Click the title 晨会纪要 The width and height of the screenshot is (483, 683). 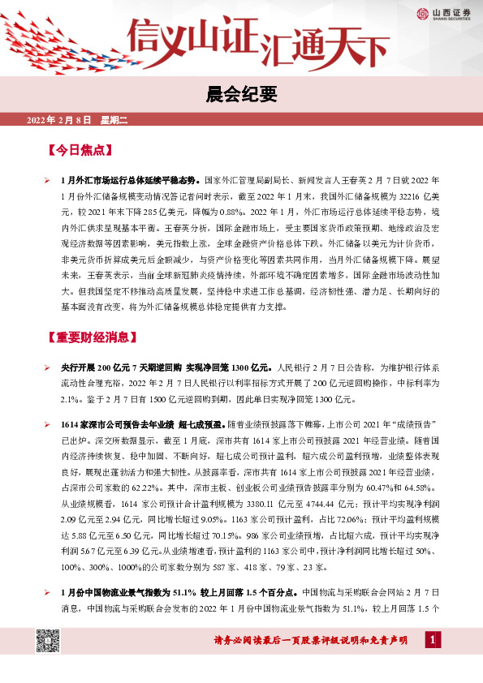click(x=241, y=94)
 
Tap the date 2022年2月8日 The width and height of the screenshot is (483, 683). click(x=61, y=120)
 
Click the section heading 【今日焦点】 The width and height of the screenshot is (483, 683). click(x=80, y=151)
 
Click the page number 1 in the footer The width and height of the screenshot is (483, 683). click(x=435, y=642)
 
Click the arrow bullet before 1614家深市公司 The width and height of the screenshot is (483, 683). click(x=49, y=423)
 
